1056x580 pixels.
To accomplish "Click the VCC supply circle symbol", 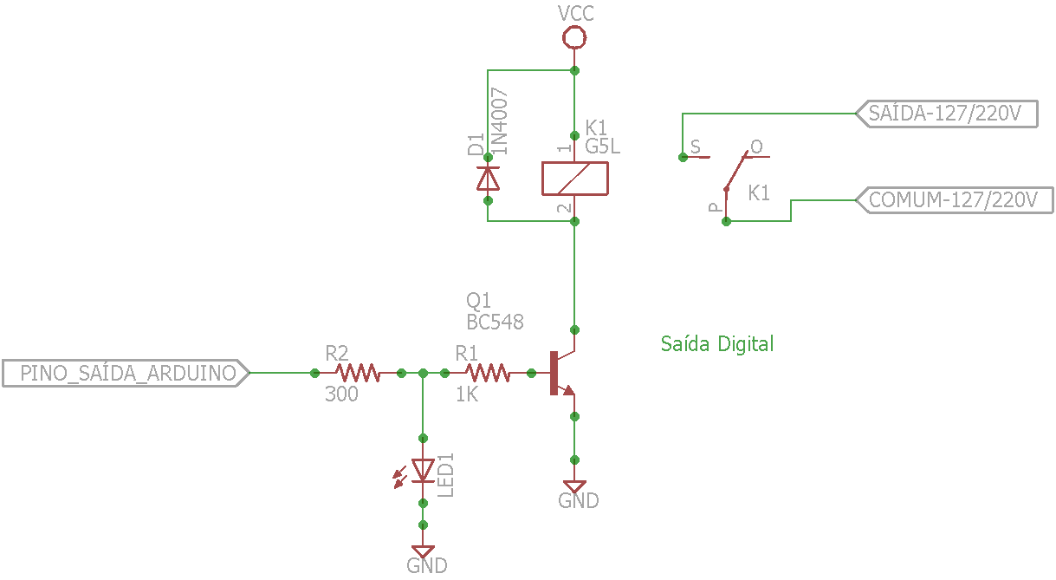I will point(573,37).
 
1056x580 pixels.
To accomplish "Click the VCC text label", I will point(576,13).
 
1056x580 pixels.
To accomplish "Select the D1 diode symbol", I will point(488,179).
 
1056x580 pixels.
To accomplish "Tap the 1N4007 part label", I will point(500,121).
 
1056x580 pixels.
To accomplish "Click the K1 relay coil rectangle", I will point(574,179).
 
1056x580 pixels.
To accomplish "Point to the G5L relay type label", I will point(603,147).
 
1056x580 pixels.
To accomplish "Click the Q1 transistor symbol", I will point(560,372).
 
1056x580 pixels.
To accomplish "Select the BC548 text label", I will point(495,322).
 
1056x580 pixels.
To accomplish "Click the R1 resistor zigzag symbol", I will point(488,373).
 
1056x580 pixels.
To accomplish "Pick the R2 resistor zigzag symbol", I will point(358,373).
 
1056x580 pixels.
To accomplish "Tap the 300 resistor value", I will point(341,394).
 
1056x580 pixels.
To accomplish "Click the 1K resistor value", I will point(467,394).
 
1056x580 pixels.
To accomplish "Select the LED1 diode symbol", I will point(423,471).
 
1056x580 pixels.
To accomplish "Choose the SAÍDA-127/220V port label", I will point(945,114).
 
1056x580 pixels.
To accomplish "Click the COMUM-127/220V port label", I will point(953,200).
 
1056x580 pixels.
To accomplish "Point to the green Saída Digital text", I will point(716,344).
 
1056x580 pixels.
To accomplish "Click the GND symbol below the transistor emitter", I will point(573,488).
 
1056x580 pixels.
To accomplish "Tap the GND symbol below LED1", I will point(423,552).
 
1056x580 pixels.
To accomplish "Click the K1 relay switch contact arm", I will point(735,171).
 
